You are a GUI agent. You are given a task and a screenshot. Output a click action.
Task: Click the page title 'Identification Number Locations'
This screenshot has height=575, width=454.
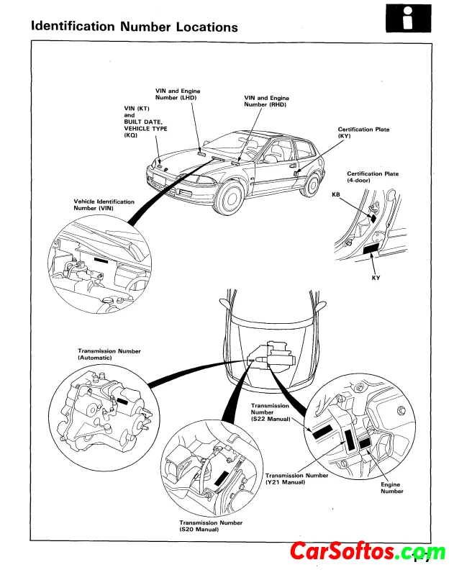point(135,27)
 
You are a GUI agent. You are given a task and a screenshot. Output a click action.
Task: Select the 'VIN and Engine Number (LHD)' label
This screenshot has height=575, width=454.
point(178,94)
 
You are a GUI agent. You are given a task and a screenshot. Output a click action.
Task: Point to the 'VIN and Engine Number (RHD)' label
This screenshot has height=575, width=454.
point(266,101)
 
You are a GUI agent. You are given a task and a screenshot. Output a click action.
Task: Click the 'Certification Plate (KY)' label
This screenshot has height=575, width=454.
point(363,133)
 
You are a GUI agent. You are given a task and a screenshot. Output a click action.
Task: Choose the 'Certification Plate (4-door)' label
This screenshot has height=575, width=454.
point(373,177)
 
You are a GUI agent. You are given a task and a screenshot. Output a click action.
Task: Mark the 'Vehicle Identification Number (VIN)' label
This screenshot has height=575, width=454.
point(104,204)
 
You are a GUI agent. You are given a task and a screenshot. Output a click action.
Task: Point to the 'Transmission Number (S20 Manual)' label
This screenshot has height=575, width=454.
point(211,526)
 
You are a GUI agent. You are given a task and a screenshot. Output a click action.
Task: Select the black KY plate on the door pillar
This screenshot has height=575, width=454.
point(373,250)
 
